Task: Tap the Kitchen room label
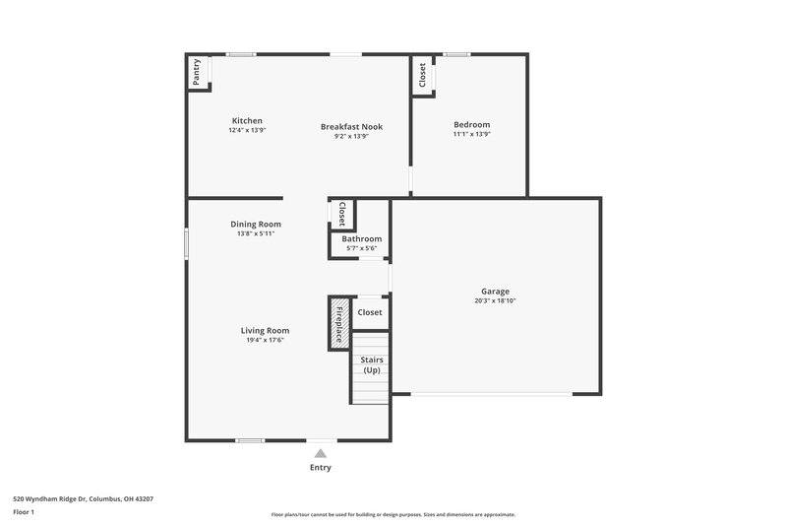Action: click(247, 121)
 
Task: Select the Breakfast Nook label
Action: click(351, 126)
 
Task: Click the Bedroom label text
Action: click(471, 124)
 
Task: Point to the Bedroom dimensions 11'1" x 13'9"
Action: click(471, 134)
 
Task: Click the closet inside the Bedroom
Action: click(423, 76)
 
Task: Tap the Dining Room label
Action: click(256, 224)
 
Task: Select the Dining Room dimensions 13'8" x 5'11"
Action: click(256, 233)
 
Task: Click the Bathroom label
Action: click(361, 238)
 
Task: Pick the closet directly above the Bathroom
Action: click(341, 213)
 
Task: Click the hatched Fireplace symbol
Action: click(338, 323)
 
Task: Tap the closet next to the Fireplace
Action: click(370, 312)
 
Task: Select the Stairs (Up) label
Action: click(372, 364)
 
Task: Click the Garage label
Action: click(495, 291)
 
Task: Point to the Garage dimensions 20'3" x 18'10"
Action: click(495, 300)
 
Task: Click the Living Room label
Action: click(265, 330)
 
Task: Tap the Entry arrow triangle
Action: click(320, 453)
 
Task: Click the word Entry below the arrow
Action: click(320, 468)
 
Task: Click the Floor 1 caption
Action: click(24, 513)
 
